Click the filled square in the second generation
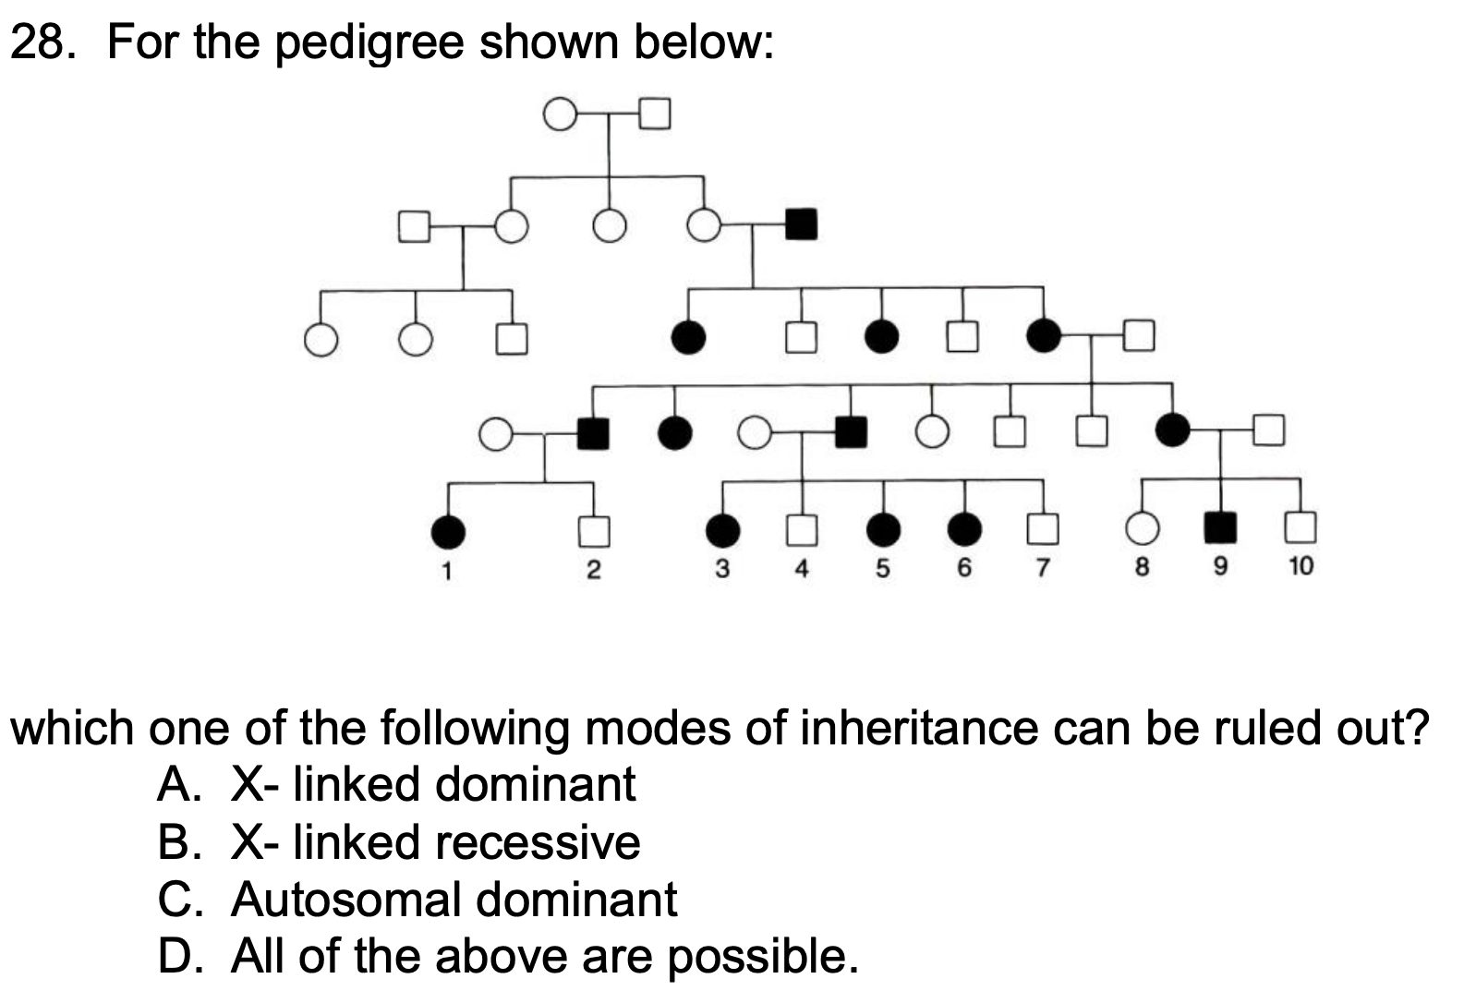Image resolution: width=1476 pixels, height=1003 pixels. pyautogui.click(x=800, y=224)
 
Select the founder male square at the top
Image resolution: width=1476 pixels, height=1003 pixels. pyautogui.click(x=654, y=114)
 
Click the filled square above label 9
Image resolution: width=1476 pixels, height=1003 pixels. pyautogui.click(x=1220, y=526)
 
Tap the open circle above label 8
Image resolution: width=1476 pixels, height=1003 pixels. pyautogui.click(x=1142, y=527)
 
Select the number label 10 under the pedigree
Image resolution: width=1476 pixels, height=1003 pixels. pyautogui.click(x=1299, y=566)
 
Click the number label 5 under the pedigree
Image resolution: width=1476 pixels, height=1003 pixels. pyautogui.click(x=882, y=568)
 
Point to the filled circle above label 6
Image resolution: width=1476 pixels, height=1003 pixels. pyautogui.click(x=964, y=527)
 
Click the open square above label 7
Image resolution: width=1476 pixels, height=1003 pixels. pyautogui.click(x=1043, y=527)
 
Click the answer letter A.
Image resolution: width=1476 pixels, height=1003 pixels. pyautogui.click(x=174, y=785)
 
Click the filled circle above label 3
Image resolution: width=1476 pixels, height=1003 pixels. pyautogui.click(x=722, y=529)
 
